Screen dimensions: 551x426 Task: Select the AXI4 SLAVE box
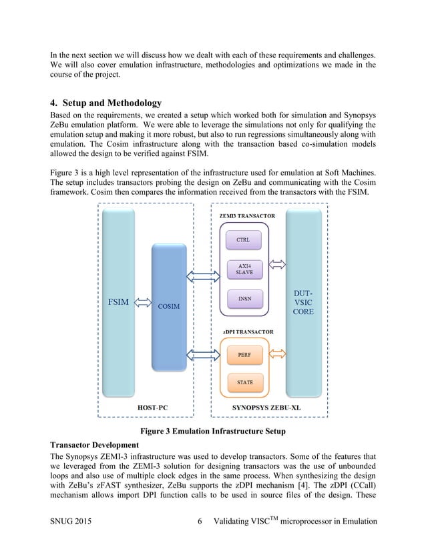[x=244, y=269]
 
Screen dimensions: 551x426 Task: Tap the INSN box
[x=244, y=298]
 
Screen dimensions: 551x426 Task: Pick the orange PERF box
[x=244, y=355]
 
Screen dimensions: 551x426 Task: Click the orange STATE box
[x=244, y=383]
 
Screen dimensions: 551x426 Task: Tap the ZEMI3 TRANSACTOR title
[x=245, y=215]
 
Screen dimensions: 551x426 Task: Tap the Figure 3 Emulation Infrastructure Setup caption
[x=212, y=432]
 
